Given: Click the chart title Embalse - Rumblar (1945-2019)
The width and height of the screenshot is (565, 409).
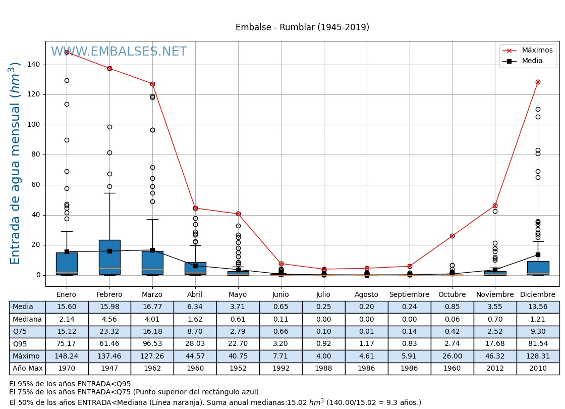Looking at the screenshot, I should pos(302,27).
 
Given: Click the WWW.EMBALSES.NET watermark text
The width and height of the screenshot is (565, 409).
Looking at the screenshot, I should pos(119,52).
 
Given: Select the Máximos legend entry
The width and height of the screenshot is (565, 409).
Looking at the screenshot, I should pos(537,50).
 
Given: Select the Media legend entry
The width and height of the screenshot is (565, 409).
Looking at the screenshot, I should pos(532,61).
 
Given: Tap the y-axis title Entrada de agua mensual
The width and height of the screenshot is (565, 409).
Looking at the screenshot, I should pos(16,163).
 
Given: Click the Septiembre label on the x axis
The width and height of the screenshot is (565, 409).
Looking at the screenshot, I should pos(409,295).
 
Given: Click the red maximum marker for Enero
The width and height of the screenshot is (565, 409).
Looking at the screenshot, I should pos(67,52).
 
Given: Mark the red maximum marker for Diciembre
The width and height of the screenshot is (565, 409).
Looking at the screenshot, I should pos(538,82).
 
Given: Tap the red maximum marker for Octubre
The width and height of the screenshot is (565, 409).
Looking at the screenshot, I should pos(452,236).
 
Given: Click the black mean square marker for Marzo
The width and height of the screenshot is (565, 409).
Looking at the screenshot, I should pos(152,250).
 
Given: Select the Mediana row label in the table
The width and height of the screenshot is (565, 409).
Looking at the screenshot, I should pos(27,319).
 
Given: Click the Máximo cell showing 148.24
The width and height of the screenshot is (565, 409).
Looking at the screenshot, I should pos(67,356).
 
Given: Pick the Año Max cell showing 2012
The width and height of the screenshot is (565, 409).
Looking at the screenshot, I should pos(495,369).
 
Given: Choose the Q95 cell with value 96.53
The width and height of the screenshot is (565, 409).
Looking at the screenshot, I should pos(152,344).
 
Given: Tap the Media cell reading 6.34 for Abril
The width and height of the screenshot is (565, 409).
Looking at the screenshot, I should pos(195,307).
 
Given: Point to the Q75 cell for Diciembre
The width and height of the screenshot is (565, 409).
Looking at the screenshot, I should pos(538,332).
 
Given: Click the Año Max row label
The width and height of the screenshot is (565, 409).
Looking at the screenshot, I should pos(27,369).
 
